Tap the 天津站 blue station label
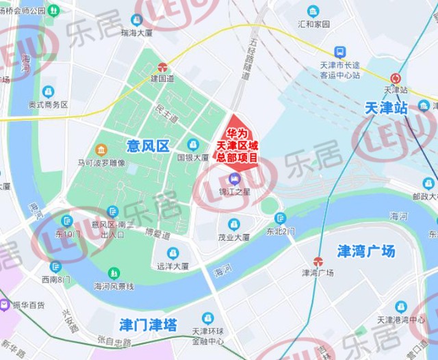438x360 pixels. click(x=386, y=108)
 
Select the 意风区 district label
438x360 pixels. click(x=148, y=146)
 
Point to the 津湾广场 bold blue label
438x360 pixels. click(x=366, y=251)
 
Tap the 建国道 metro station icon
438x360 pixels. click(x=163, y=67)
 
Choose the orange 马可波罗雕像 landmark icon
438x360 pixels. click(x=101, y=150)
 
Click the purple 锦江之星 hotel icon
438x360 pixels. click(x=235, y=179)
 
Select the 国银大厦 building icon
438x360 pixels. click(x=193, y=145)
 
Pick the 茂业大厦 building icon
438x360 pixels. click(x=233, y=224)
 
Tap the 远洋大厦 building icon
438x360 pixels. click(x=172, y=253)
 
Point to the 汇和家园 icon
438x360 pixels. click(x=313, y=12)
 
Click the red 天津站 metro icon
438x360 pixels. click(x=396, y=78)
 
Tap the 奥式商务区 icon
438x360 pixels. click(x=48, y=92)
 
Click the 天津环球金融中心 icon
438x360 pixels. click(x=207, y=318)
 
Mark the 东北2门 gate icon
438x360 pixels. click(x=279, y=218)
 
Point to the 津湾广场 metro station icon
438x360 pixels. click(x=318, y=261)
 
